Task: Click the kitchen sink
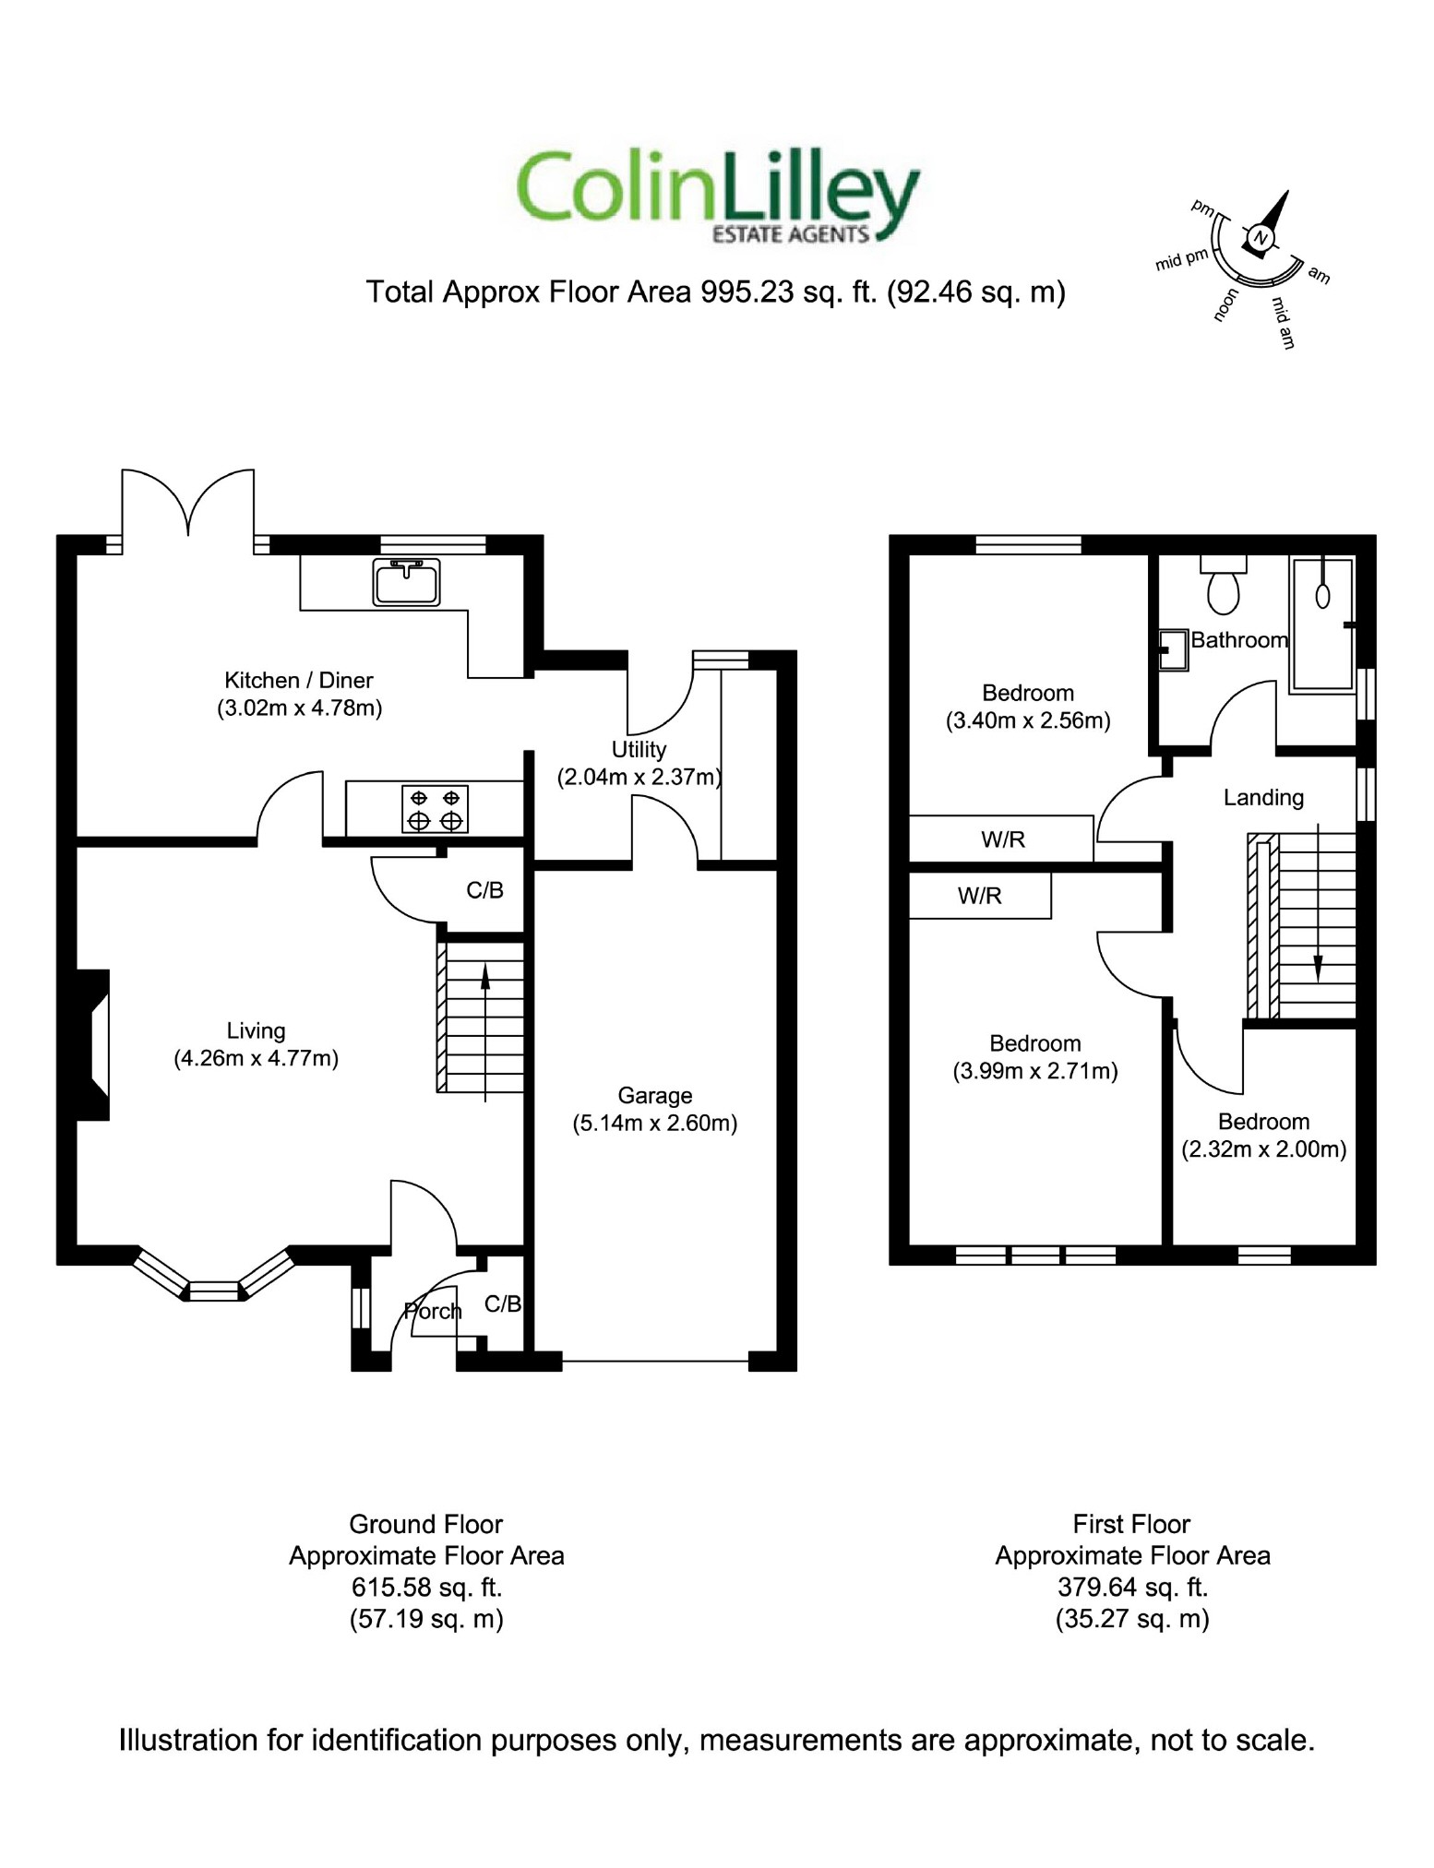pyautogui.click(x=406, y=582)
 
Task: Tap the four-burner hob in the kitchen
pyautogui.click(x=435, y=809)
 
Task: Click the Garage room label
pyautogui.click(x=654, y=1095)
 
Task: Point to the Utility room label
pyautogui.click(x=639, y=749)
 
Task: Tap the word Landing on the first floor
pyautogui.click(x=1263, y=797)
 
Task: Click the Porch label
pyautogui.click(x=433, y=1311)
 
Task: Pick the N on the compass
pyautogui.click(x=1261, y=239)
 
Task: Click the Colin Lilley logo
pyautogui.click(x=718, y=196)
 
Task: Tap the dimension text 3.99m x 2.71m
pyautogui.click(x=1035, y=1071)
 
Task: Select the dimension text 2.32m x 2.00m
pyautogui.click(x=1263, y=1149)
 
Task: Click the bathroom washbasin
pyautogui.click(x=1173, y=649)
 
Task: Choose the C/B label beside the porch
pyautogui.click(x=503, y=1303)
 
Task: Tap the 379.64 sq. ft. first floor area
pyautogui.click(x=1132, y=1587)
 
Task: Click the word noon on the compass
pyautogui.click(x=1225, y=305)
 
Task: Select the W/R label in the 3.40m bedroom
pyautogui.click(x=1003, y=839)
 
